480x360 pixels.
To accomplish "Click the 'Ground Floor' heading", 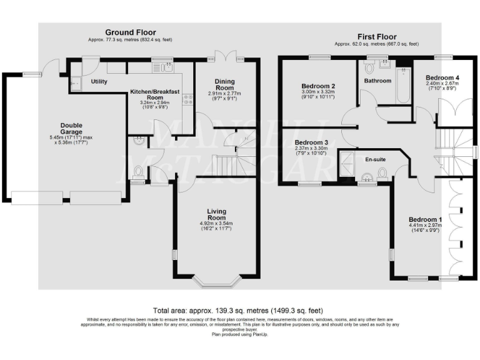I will pyautogui.click(x=130, y=32).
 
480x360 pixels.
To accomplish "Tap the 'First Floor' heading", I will pyautogui.click(x=376, y=37).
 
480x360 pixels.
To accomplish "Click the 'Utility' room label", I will pyautogui.click(x=99, y=82).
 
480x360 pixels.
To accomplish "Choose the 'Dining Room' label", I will pyautogui.click(x=224, y=85).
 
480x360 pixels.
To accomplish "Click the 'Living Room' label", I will pyautogui.click(x=215, y=214).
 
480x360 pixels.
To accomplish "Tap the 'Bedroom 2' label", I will pyautogui.click(x=318, y=86).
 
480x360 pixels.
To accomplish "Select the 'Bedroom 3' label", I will pyautogui.click(x=311, y=142).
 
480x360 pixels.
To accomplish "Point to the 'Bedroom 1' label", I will pyautogui.click(x=425, y=220).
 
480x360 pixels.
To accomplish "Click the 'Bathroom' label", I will pyautogui.click(x=377, y=81).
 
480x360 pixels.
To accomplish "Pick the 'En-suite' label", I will pyautogui.click(x=375, y=159).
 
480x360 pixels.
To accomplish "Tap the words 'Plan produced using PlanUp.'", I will pyautogui.click(x=240, y=334).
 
